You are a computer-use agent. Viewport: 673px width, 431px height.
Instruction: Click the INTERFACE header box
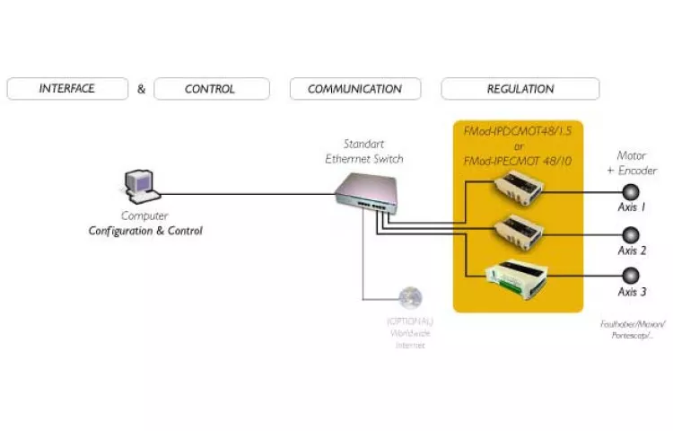pyautogui.click(x=66, y=89)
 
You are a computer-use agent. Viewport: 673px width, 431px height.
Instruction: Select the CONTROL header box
pyautogui.click(x=211, y=89)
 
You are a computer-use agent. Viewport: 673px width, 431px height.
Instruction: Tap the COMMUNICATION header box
pyautogui.click(x=355, y=89)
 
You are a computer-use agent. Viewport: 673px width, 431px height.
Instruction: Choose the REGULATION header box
pyautogui.click(x=520, y=89)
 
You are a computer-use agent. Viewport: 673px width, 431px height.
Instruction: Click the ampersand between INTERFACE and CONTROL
pyautogui.click(x=141, y=89)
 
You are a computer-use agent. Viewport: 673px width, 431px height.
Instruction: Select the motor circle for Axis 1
pyautogui.click(x=632, y=191)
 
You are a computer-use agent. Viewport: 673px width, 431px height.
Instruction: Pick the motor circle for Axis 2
pyautogui.click(x=632, y=234)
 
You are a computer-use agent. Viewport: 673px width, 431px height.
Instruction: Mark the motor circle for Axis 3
pyautogui.click(x=632, y=275)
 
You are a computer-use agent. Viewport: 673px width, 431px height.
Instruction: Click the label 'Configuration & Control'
pyautogui.click(x=145, y=231)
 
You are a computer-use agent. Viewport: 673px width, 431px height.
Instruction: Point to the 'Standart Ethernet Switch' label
pyautogui.click(x=363, y=151)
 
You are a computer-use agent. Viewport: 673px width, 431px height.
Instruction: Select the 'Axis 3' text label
pyautogui.click(x=632, y=292)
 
